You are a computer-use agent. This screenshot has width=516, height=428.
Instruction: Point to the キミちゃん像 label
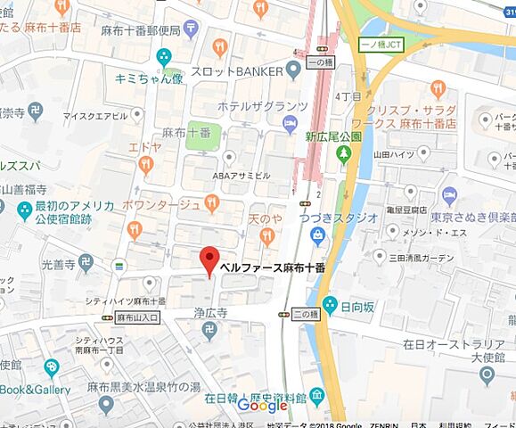pos(148,78)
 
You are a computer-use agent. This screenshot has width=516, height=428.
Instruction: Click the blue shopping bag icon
pos(316,234)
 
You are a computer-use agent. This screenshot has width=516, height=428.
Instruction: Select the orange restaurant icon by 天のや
pos(266,235)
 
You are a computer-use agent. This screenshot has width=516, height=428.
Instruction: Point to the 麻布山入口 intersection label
pos(136,317)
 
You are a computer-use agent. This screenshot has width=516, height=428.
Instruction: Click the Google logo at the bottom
pos(263,407)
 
